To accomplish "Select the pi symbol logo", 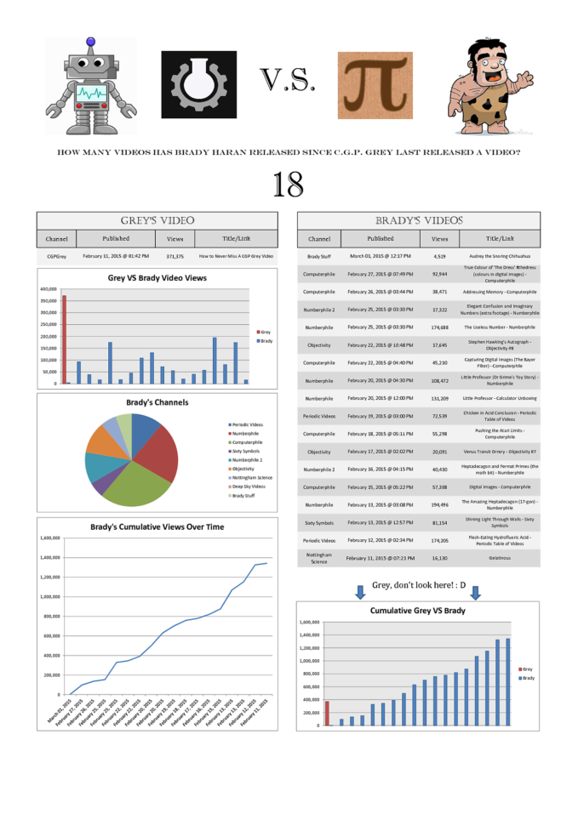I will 375,85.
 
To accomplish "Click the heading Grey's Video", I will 157,219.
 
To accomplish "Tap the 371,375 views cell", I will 175,255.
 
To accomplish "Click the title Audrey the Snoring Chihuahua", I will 498,255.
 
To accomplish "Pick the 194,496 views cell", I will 439,504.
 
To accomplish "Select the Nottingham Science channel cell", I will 319,558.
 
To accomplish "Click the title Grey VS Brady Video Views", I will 157,277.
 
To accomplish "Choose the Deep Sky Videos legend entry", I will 249,486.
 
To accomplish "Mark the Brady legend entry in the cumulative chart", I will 528,678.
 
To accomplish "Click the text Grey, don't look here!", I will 416,585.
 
